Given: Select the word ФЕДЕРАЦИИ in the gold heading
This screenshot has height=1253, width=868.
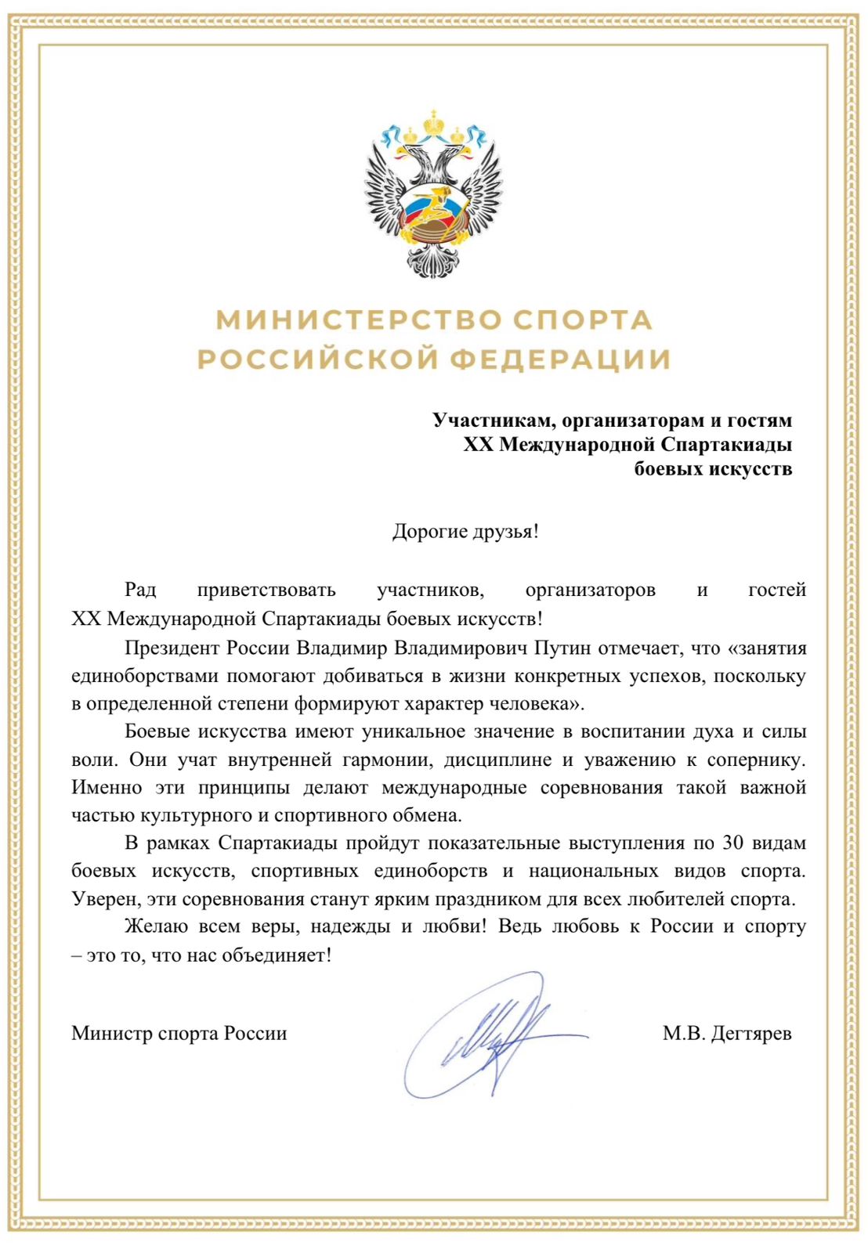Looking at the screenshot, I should click(560, 359).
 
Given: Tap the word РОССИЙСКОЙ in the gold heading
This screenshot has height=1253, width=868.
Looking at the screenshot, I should click(316, 359).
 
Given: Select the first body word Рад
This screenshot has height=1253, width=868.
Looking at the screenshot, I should click(140, 590).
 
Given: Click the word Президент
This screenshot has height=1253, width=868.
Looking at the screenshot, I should click(172, 648).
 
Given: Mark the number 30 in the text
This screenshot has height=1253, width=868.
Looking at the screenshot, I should click(732, 843).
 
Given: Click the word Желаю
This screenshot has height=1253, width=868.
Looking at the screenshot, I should click(156, 926).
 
